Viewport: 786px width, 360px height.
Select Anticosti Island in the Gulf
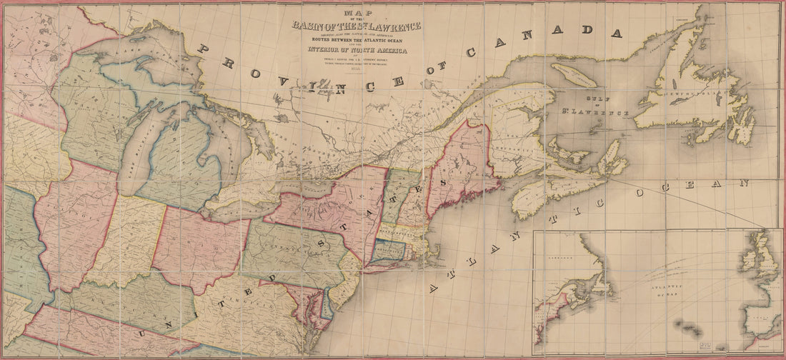click(575, 74)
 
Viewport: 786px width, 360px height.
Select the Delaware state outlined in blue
click(327, 304)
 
